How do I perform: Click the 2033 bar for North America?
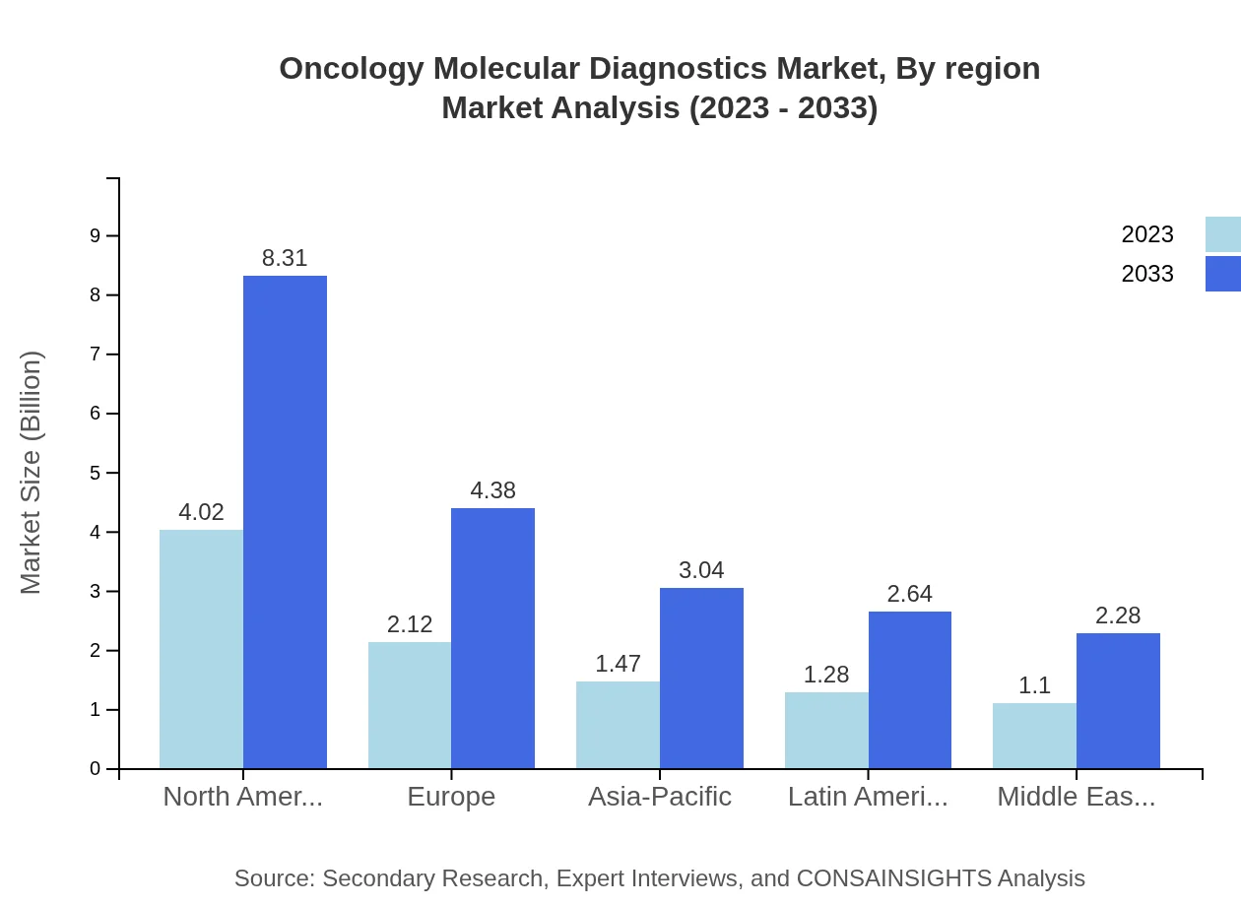click(285, 522)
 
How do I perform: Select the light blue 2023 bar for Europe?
click(410, 705)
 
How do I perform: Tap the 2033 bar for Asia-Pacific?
click(701, 678)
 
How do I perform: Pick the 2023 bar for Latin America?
click(826, 730)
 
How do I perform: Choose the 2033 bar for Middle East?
click(1118, 700)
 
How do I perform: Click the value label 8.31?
click(285, 258)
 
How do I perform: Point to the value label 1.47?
click(618, 664)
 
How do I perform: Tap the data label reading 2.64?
click(909, 594)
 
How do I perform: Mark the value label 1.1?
click(1034, 686)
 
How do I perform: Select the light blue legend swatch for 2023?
click(1222, 234)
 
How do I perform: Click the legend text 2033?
click(1147, 274)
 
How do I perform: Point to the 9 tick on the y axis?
click(96, 235)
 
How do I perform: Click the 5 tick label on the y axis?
click(96, 473)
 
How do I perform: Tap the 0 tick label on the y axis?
click(96, 769)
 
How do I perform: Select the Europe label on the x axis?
click(451, 797)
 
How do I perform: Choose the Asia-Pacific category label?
click(659, 797)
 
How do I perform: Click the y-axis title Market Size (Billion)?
click(32, 473)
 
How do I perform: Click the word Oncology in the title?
click(351, 69)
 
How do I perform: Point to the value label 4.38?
click(492, 490)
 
